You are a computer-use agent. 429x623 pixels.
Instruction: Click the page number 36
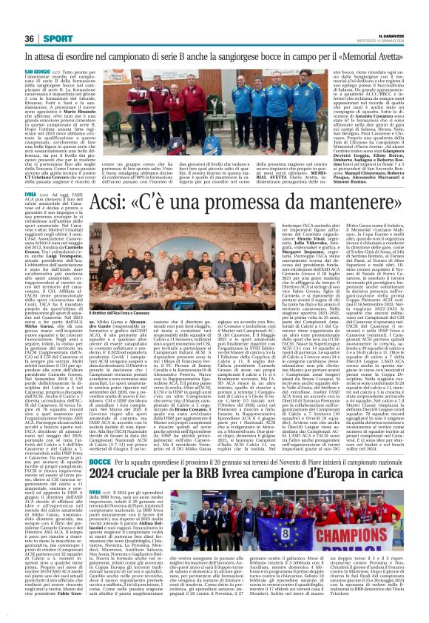(30, 39)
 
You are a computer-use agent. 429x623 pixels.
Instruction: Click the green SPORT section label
(57, 39)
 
